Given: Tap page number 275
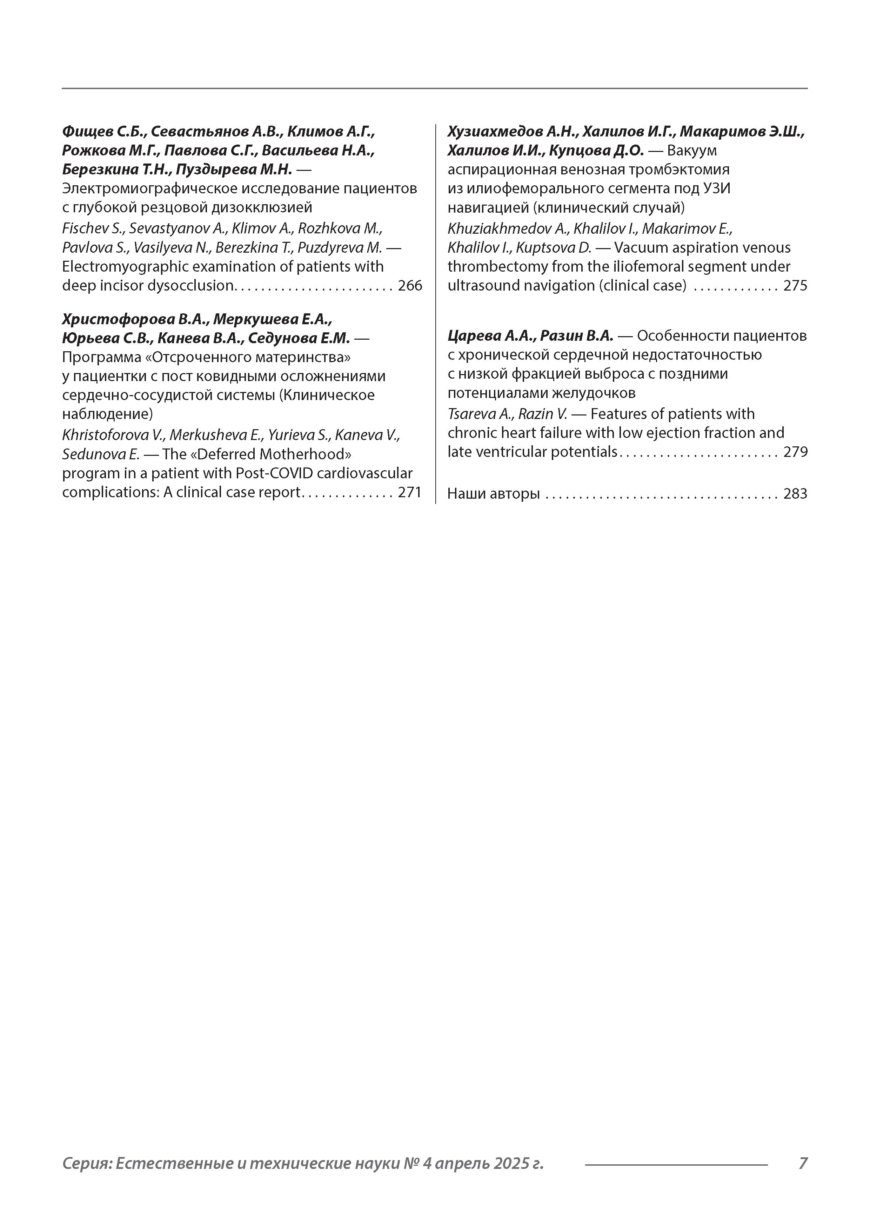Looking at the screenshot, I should tap(795, 286).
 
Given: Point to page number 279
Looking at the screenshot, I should tap(795, 452).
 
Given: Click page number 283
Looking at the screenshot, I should tap(795, 494).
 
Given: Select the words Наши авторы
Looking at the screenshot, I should tap(493, 494).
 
